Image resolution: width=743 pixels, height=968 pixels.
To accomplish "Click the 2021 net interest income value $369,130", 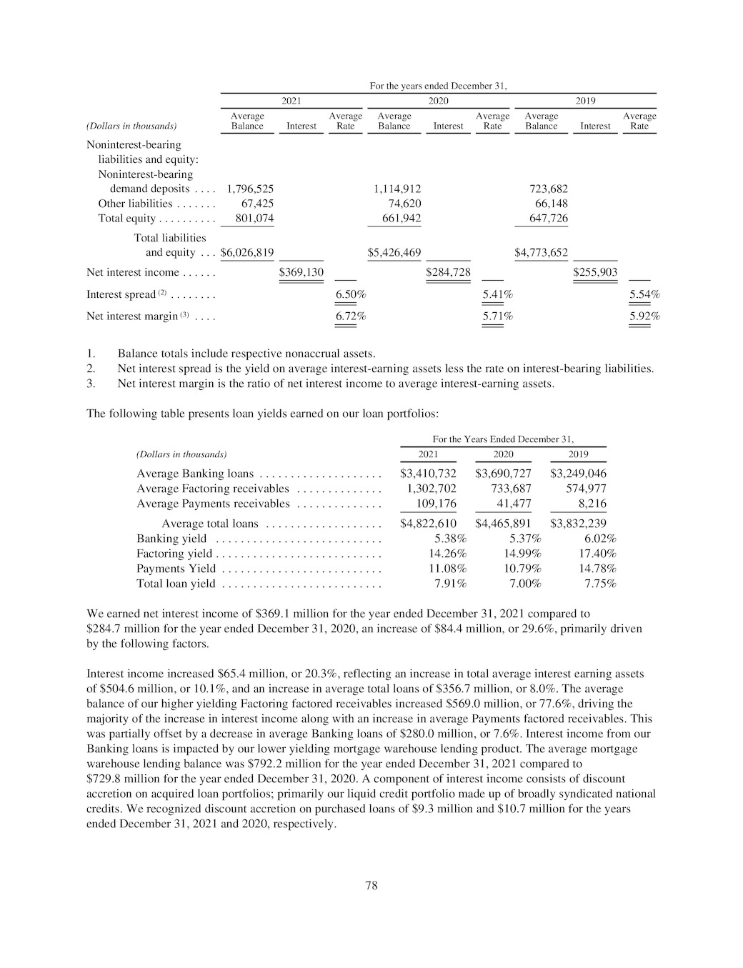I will pyautogui.click(x=301, y=272).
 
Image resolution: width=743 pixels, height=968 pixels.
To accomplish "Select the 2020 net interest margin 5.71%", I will pyautogui.click(x=497, y=316).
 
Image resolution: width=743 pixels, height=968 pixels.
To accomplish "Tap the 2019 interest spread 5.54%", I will pyautogui.click(x=644, y=294).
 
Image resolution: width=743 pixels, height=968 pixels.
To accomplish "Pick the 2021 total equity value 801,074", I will pyautogui.click(x=254, y=218).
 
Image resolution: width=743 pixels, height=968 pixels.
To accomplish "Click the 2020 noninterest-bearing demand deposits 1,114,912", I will pyautogui.click(x=397, y=189).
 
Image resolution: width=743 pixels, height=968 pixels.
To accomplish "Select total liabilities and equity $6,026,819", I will pyautogui.click(x=247, y=252).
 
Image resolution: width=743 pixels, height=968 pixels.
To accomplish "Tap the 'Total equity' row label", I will pyautogui.click(x=126, y=218).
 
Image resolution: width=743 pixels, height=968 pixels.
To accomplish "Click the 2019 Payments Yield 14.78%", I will pyautogui.click(x=597, y=569).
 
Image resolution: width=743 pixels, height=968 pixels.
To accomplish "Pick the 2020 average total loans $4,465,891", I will pyautogui.click(x=503, y=524).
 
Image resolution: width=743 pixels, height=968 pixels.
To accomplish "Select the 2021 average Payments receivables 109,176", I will pyautogui.click(x=436, y=504).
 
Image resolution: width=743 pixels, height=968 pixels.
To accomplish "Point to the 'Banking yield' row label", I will pyautogui.click(x=171, y=539).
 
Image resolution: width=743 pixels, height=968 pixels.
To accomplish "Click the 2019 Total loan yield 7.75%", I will pyautogui.click(x=600, y=584).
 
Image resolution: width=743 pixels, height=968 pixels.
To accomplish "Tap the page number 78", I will pyautogui.click(x=371, y=886).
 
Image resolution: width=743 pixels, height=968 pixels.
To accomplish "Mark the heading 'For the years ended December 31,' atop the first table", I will pyautogui.click(x=438, y=86).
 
